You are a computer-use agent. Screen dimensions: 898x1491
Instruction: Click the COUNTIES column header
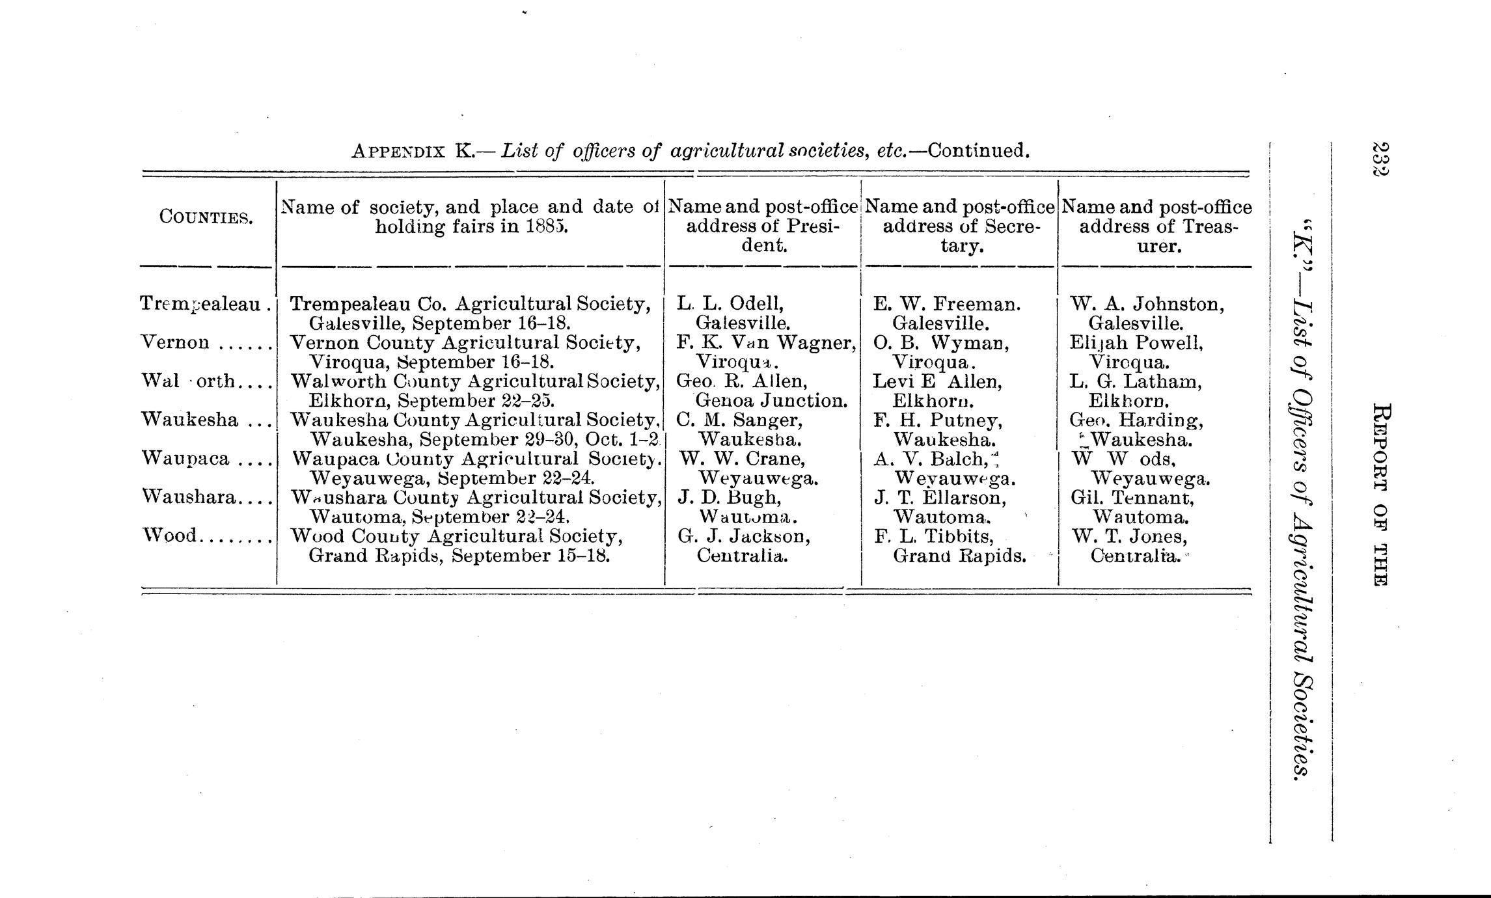pyautogui.click(x=206, y=217)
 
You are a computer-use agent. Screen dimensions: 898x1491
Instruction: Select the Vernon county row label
pyautogui.click(x=175, y=342)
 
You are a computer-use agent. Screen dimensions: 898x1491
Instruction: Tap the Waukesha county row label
pyautogui.click(x=189, y=420)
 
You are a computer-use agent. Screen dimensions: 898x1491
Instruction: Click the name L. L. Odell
pyautogui.click(x=730, y=303)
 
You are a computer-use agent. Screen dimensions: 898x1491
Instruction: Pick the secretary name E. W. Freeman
pyautogui.click(x=947, y=304)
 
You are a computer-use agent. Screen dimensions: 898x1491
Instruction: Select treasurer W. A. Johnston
pyautogui.click(x=1147, y=304)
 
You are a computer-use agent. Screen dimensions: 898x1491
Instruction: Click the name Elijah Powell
pyautogui.click(x=1136, y=342)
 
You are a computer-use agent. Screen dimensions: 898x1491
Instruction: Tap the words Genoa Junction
pyautogui.click(x=771, y=400)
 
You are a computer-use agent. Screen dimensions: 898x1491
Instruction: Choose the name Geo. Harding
pyautogui.click(x=1136, y=420)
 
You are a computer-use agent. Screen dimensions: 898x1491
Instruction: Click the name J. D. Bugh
pyautogui.click(x=729, y=498)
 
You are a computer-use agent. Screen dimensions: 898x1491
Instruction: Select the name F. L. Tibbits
pyautogui.click(x=933, y=536)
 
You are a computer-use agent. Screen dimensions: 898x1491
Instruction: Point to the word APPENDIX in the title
pyautogui.click(x=398, y=152)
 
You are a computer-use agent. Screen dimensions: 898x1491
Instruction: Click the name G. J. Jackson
pyautogui.click(x=743, y=536)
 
